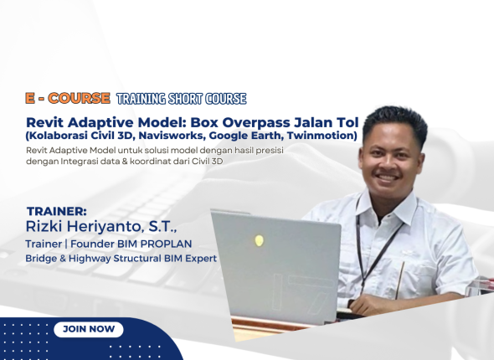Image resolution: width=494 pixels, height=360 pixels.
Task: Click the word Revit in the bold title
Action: pos(47,121)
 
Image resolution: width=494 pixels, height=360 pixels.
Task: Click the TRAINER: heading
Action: pos(57,211)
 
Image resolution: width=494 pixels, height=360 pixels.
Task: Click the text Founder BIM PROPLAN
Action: pos(142,244)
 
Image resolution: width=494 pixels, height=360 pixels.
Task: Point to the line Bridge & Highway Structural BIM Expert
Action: pos(121,259)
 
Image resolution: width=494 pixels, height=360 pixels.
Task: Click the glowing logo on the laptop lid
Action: pos(260,240)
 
